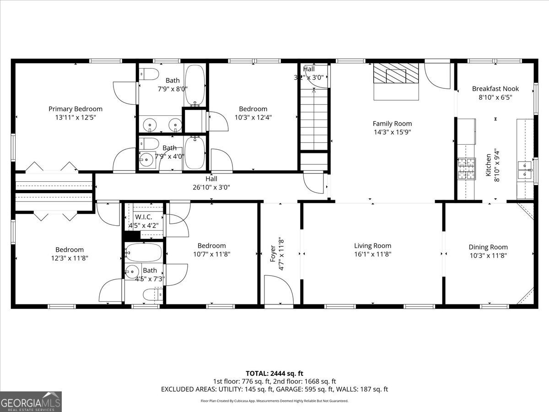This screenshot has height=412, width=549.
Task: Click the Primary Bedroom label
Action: pos(75,109)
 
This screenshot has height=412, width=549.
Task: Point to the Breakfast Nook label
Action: pos(495,89)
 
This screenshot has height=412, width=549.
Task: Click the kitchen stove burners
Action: pos(467,168)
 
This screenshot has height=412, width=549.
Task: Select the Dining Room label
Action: pos(488,247)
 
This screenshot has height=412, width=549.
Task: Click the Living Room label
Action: pos(372,246)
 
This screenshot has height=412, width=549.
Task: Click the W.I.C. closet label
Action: pos(143,217)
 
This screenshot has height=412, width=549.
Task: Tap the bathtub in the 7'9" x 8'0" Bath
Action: pos(195,85)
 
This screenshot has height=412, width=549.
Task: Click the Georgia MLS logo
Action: pos(31,401)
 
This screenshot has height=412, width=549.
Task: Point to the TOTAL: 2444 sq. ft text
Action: pos(274,374)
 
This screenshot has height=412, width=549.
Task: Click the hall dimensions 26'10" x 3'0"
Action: pos(211,187)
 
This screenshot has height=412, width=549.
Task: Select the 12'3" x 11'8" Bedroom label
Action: pos(70,249)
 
